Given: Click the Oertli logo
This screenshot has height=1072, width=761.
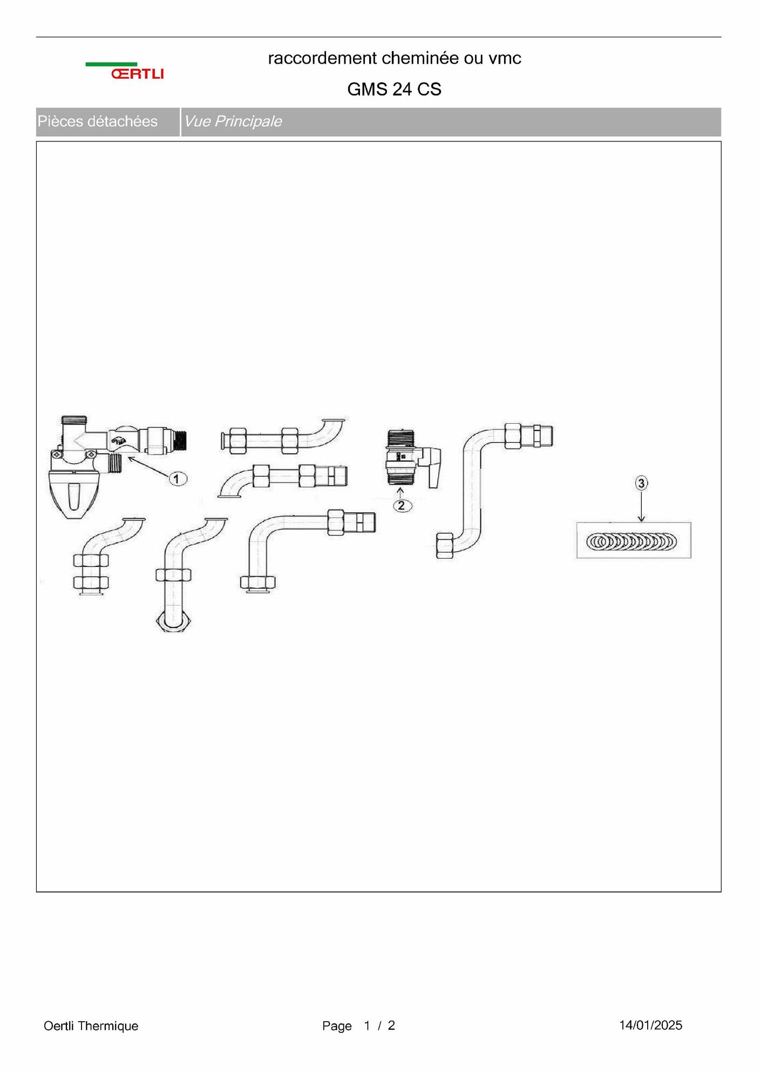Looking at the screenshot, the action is click(125, 71).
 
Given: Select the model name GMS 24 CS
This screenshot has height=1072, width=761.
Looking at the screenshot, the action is click(394, 89).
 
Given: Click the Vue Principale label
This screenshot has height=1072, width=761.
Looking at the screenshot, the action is click(233, 121).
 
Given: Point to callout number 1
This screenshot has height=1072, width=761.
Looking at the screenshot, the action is click(178, 478).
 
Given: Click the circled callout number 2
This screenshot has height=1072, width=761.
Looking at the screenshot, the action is click(402, 506).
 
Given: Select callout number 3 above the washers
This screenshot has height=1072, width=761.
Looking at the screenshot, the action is click(641, 483).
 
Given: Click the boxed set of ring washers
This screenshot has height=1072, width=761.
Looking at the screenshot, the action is click(634, 540).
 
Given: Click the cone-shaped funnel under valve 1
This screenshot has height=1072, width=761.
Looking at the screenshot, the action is click(72, 495).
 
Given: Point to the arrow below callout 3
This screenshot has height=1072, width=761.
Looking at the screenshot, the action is click(641, 506).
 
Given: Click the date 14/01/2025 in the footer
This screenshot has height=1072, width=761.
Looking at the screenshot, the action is click(650, 1025).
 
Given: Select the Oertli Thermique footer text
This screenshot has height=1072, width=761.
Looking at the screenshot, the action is click(91, 1026).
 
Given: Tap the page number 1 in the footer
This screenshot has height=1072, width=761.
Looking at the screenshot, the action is click(367, 1025).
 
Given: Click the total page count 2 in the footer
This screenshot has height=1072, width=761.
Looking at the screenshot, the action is click(391, 1025).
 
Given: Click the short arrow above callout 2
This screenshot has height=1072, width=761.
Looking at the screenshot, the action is click(400, 493).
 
